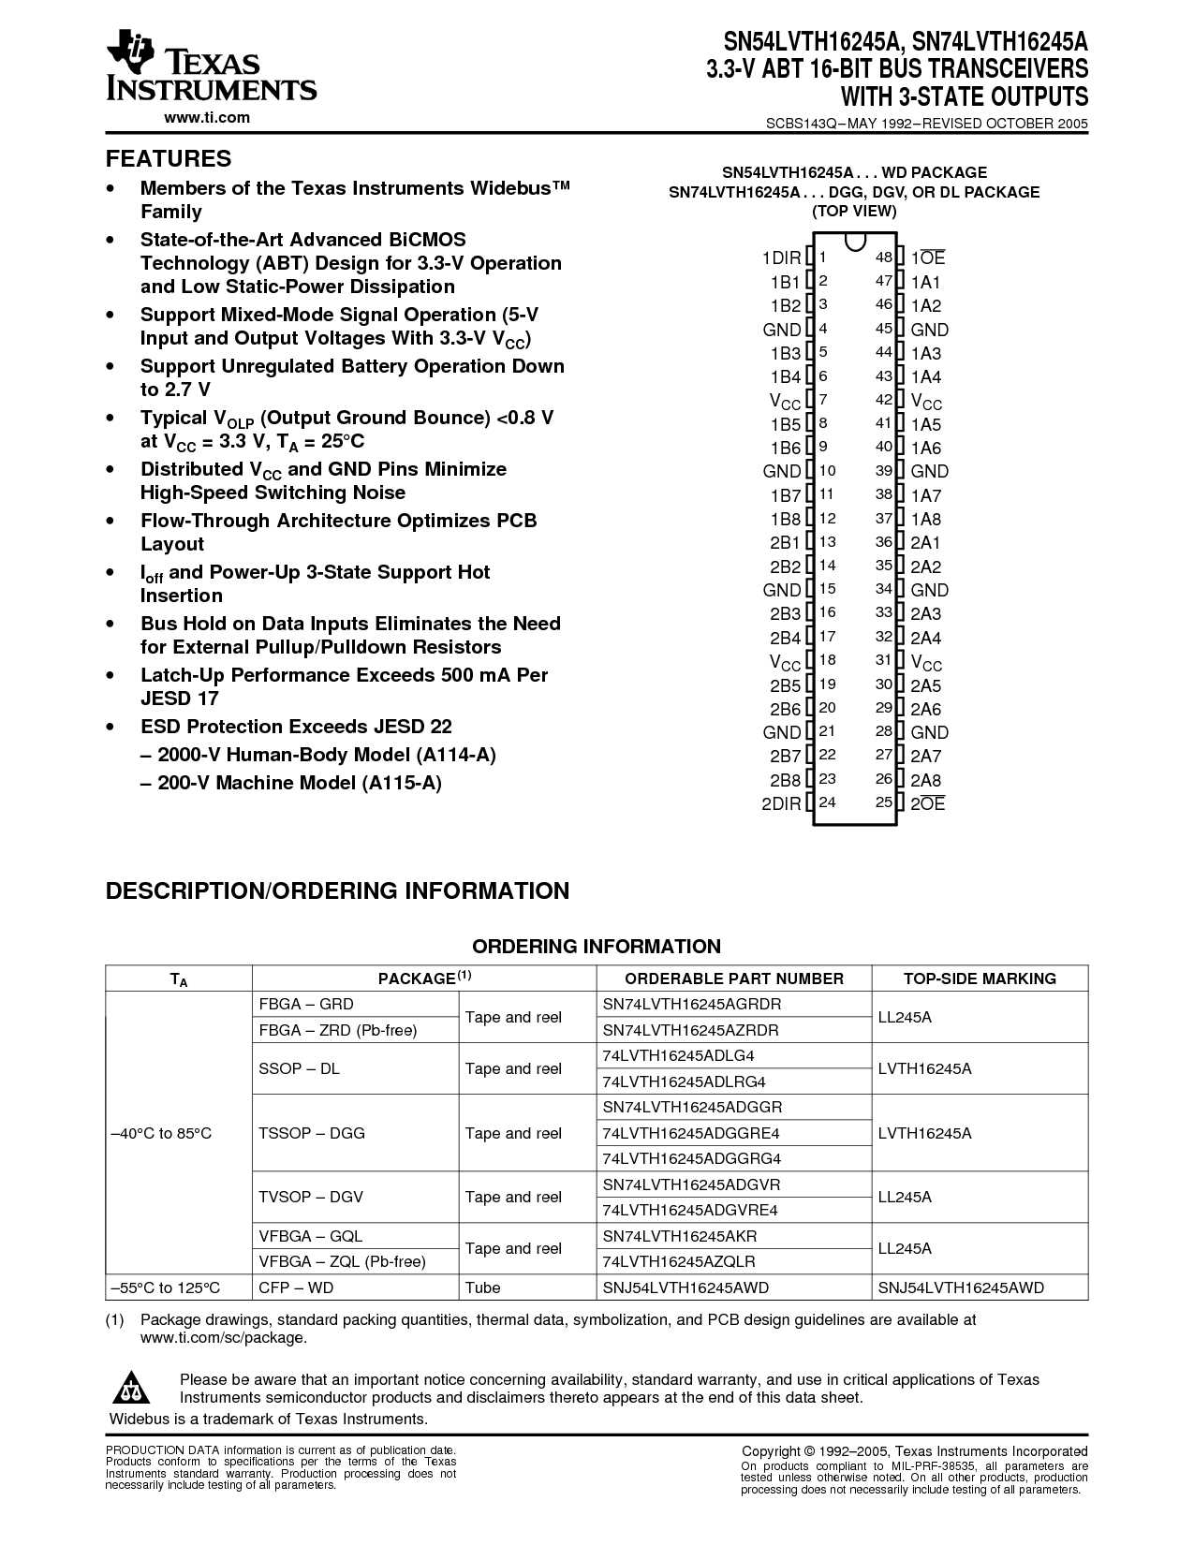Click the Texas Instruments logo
tap(211, 65)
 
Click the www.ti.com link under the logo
tap(207, 117)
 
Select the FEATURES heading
tap(169, 158)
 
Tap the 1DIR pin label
tap(781, 258)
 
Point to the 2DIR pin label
tap(781, 803)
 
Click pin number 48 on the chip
tap(883, 257)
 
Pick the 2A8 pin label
tap(926, 780)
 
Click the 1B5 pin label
tap(786, 424)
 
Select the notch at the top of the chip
tap(853, 242)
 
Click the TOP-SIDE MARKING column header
tap(980, 978)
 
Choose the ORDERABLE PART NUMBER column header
tap(734, 978)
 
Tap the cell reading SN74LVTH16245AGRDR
tap(692, 1005)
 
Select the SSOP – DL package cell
tap(299, 1068)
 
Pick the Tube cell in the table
tap(483, 1287)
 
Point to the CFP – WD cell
tap(296, 1287)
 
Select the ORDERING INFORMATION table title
tap(597, 947)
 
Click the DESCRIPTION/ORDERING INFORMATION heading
tap(337, 890)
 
